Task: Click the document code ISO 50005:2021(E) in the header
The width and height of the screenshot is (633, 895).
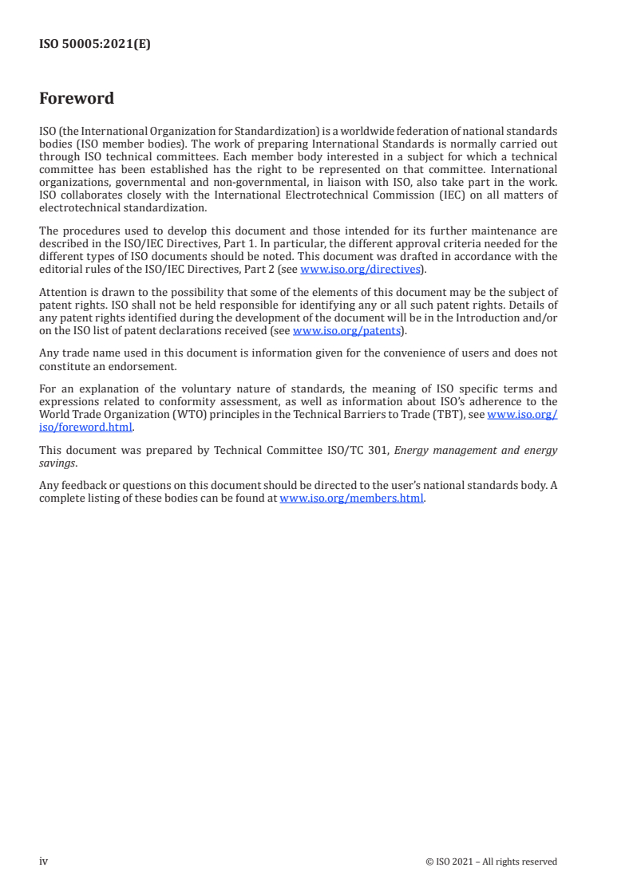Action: coord(94,45)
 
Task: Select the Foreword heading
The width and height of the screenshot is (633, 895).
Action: coord(77,99)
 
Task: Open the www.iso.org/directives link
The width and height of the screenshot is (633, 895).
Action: coord(360,269)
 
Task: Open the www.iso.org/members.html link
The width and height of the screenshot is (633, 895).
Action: coord(352,499)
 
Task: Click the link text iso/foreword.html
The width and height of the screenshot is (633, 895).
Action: coord(85,427)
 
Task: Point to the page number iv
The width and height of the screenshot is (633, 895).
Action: coord(44,861)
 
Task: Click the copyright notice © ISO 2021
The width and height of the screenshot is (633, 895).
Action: coord(455,861)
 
